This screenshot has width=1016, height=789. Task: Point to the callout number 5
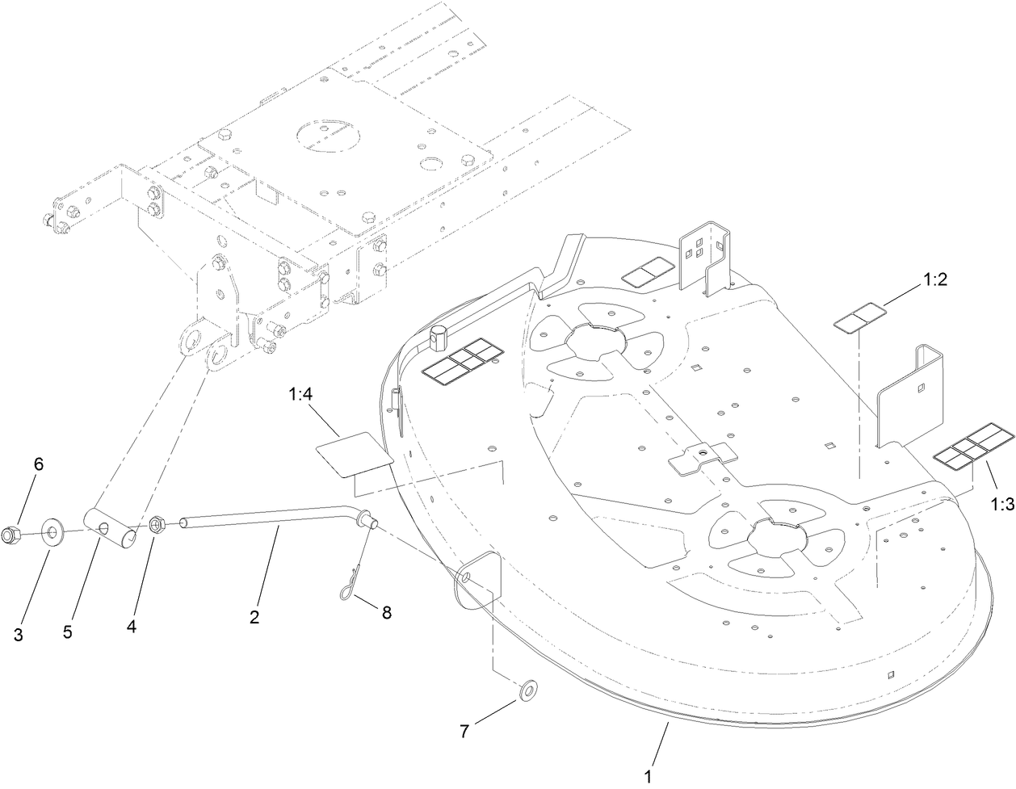tap(68, 631)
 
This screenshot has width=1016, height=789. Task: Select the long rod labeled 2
tap(267, 521)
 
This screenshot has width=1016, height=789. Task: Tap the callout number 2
tap(254, 618)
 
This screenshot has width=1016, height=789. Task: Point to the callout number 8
tap(386, 612)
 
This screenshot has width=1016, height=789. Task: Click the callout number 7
tap(464, 732)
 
